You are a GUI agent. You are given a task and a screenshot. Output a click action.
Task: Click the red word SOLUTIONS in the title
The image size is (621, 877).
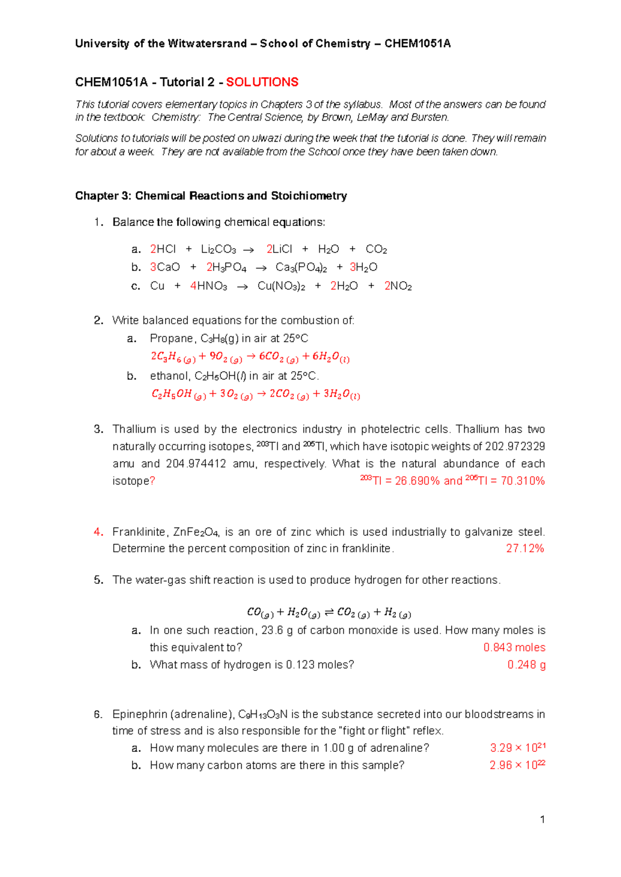coord(262,82)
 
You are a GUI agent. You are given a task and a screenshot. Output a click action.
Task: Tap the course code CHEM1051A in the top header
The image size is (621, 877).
coord(417,44)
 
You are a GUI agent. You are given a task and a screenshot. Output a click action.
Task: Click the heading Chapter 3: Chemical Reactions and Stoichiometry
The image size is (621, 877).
coord(211,196)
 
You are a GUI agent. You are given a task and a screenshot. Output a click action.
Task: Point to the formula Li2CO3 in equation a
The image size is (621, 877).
coord(218,250)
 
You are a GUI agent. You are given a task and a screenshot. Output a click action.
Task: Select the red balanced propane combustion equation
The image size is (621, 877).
coord(250,357)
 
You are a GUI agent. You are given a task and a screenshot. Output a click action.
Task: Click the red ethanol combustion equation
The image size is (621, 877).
coord(256,395)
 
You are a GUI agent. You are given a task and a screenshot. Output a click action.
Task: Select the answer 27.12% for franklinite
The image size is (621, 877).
coord(525,549)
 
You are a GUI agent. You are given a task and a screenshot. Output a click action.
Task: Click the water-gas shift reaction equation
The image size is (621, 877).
coord(329,613)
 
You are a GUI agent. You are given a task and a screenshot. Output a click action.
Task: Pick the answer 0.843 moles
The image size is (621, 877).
coord(514,647)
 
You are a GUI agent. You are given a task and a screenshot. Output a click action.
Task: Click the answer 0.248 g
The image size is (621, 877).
coord(526,665)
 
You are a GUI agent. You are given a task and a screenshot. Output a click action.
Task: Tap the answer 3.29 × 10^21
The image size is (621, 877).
coord(517,748)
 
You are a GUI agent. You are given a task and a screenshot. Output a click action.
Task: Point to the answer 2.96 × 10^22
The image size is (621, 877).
coord(517,765)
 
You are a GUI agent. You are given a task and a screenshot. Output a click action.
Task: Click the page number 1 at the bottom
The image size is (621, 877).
coord(542,820)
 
